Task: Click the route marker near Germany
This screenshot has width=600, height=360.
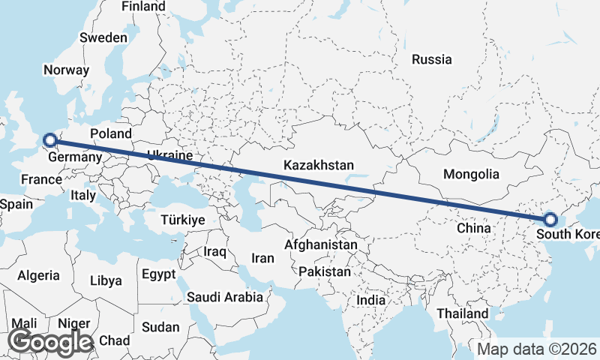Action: (49, 139)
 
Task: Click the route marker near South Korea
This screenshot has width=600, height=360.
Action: (550, 220)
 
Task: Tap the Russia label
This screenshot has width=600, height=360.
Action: (432, 59)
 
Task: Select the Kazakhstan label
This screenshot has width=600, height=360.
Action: (319, 165)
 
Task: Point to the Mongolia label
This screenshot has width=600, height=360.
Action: (471, 174)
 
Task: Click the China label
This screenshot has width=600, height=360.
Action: (474, 227)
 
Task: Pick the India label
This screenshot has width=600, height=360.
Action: (371, 300)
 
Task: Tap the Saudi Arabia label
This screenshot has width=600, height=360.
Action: (226, 296)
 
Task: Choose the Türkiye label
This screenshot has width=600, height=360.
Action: (183, 220)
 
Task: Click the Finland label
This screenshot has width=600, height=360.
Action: (143, 6)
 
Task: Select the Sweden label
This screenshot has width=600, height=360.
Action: (104, 37)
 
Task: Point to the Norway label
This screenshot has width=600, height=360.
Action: (66, 70)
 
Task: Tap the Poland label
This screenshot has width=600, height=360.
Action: (111, 134)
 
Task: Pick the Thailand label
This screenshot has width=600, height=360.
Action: (463, 313)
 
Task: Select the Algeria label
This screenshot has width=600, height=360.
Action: (38, 275)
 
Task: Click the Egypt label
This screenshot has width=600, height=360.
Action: (158, 274)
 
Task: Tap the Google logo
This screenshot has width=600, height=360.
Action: (51, 341)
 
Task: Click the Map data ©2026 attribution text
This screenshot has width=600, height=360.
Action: (537, 349)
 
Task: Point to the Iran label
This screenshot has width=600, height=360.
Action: (262, 258)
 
